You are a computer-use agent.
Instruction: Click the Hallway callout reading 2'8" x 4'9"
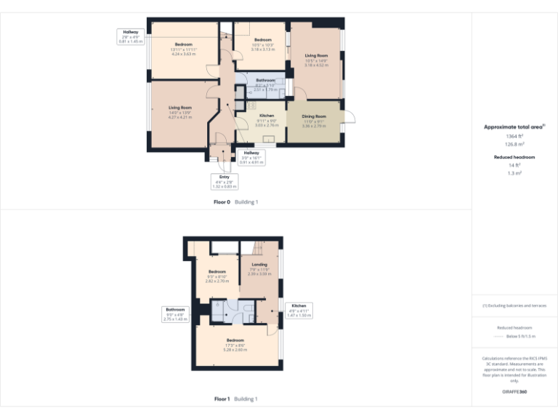[132, 36]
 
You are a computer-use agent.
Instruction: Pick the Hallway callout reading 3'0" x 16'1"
[251, 156]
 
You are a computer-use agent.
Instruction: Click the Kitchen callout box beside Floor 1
[299, 310]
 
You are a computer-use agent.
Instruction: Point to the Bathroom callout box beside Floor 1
[175, 314]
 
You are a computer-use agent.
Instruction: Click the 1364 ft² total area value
[514, 136]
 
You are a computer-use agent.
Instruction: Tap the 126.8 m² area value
[514, 144]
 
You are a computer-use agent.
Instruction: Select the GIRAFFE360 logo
[514, 393]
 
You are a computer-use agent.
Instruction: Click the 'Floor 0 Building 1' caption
[236, 201]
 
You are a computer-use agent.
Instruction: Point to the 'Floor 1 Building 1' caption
[236, 399]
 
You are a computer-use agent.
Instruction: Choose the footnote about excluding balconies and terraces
[514, 306]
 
